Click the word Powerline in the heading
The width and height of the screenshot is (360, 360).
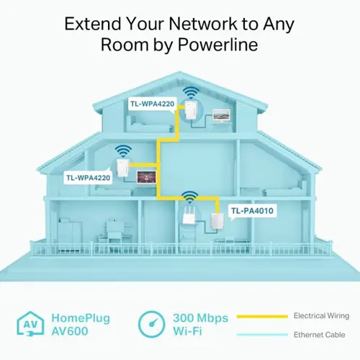(217, 45)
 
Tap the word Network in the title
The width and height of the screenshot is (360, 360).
(203, 24)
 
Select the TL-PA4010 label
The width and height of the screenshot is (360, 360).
(252, 211)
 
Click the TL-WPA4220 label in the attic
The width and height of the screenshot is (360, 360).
(153, 104)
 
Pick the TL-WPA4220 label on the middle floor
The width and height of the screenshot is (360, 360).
(88, 178)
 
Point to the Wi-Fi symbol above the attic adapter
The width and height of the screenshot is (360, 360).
(191, 93)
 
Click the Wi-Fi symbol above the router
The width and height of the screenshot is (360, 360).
(190, 197)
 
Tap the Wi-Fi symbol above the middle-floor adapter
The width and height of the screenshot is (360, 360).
(123, 151)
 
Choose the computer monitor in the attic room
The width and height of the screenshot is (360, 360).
(221, 116)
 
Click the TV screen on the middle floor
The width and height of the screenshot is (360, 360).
(146, 177)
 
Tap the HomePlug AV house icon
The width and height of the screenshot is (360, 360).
(30, 323)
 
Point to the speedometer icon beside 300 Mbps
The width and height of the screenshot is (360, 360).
(152, 324)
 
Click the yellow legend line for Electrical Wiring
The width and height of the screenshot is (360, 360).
(262, 317)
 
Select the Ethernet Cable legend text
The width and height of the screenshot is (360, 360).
(319, 335)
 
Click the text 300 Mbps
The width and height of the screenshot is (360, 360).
(201, 318)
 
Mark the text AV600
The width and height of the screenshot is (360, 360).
(70, 331)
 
